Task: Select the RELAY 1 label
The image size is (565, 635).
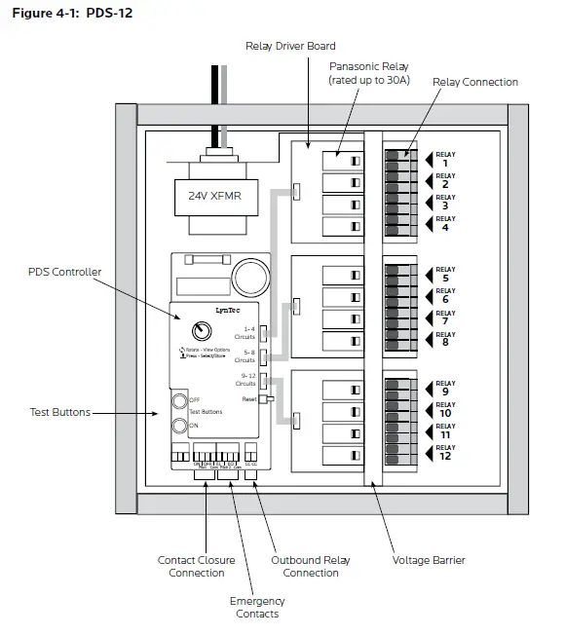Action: tap(444, 159)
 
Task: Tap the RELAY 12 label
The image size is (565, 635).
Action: tap(444, 452)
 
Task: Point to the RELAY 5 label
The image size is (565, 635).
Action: tap(444, 274)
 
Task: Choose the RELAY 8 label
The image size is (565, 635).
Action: tap(444, 338)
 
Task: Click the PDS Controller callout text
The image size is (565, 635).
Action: tap(65, 272)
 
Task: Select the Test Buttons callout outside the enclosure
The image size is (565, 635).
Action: tap(59, 412)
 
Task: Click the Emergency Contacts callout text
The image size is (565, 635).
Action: tap(257, 607)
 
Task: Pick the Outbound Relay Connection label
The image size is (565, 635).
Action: tap(310, 566)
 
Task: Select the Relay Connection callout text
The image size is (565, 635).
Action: tap(475, 82)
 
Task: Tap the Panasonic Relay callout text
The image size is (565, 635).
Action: tap(369, 72)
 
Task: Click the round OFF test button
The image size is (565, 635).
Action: tap(179, 400)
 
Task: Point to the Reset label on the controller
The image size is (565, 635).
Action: tap(248, 399)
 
